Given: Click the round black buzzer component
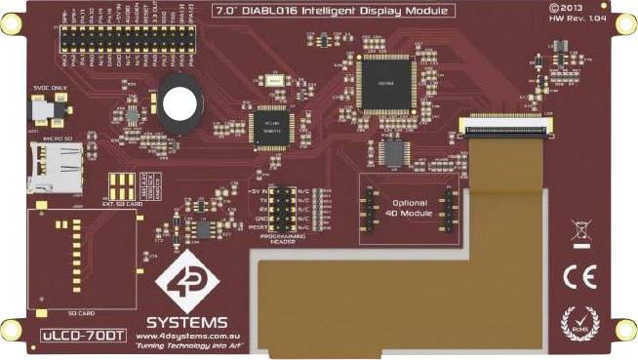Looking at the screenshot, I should pyautogui.click(x=181, y=105).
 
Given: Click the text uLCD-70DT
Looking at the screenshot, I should pyautogui.click(x=83, y=335).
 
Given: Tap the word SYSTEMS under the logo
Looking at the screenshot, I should pyautogui.click(x=188, y=321).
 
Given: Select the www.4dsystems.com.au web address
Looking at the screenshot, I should pyautogui.click(x=188, y=335).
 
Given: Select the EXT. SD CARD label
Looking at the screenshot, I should pyautogui.click(x=120, y=206).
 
